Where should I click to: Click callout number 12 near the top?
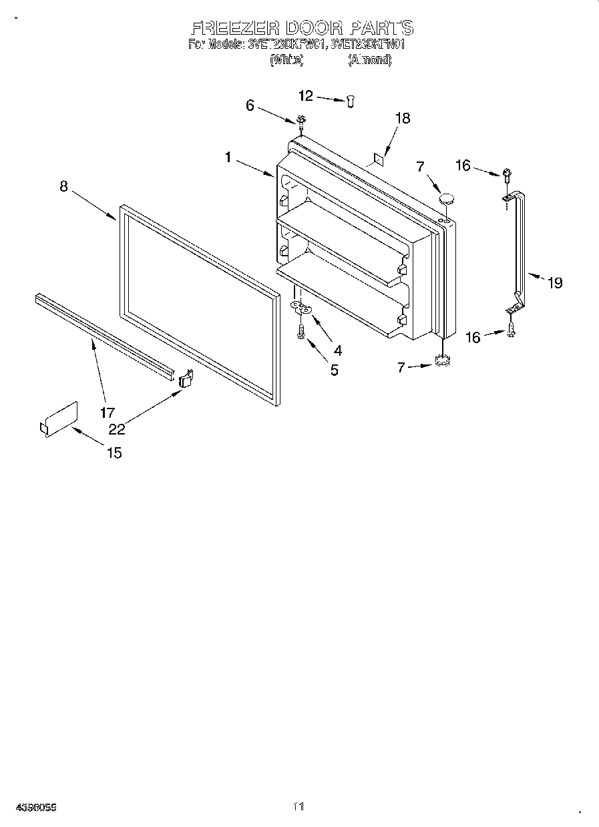(x=305, y=96)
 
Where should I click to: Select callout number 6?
(x=250, y=105)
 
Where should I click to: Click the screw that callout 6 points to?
(x=301, y=121)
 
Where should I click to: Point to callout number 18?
(x=403, y=118)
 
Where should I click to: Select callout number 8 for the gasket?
(x=63, y=186)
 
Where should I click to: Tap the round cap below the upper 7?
(x=446, y=198)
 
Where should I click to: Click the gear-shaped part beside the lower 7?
(x=441, y=361)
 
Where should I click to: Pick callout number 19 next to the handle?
(x=555, y=282)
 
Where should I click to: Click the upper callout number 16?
(x=463, y=166)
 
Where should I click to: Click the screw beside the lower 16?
(x=512, y=328)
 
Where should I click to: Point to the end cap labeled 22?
(x=186, y=378)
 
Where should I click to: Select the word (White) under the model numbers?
(x=286, y=60)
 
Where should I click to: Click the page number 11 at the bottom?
(x=298, y=807)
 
